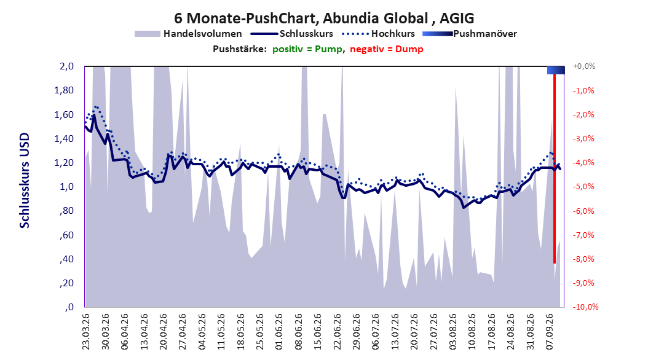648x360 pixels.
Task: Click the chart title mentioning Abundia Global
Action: tap(324, 18)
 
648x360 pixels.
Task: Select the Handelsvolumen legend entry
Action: tap(189, 34)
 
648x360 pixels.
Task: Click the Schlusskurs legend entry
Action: tap(292, 34)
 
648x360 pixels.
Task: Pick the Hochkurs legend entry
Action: tap(379, 34)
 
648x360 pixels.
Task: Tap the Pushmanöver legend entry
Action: tap(470, 34)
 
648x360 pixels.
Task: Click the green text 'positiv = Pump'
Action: tap(307, 49)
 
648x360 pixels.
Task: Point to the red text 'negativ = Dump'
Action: tap(387, 49)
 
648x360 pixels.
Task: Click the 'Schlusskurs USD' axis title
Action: tap(25, 181)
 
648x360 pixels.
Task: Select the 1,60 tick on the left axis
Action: tap(64, 114)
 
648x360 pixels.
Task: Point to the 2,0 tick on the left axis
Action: tap(66, 66)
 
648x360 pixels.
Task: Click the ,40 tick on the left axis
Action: tap(67, 259)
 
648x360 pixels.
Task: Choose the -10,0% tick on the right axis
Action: tap(585, 307)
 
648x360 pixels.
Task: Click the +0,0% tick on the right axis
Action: tap(584, 66)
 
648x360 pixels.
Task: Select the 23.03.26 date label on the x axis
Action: tap(86, 332)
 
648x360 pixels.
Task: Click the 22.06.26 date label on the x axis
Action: tap(338, 332)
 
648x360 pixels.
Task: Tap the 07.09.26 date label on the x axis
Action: tap(550, 332)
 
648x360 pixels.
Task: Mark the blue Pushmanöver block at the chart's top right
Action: tap(556, 70)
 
